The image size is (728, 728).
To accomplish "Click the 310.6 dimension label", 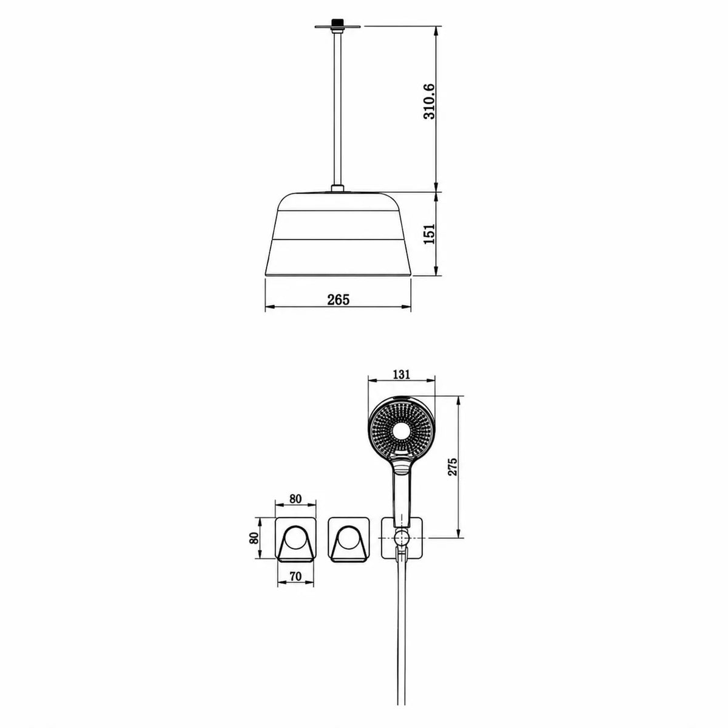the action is tap(429, 101).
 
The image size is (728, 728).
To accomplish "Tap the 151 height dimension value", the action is tap(430, 234).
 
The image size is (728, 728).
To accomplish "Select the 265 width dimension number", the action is tap(339, 299).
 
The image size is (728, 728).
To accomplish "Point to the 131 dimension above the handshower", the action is tap(401, 374).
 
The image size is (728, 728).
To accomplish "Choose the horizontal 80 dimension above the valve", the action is tap(295, 499).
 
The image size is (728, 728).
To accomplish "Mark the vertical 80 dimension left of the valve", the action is tap(254, 538).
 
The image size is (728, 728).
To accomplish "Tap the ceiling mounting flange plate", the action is tap(337, 27).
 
